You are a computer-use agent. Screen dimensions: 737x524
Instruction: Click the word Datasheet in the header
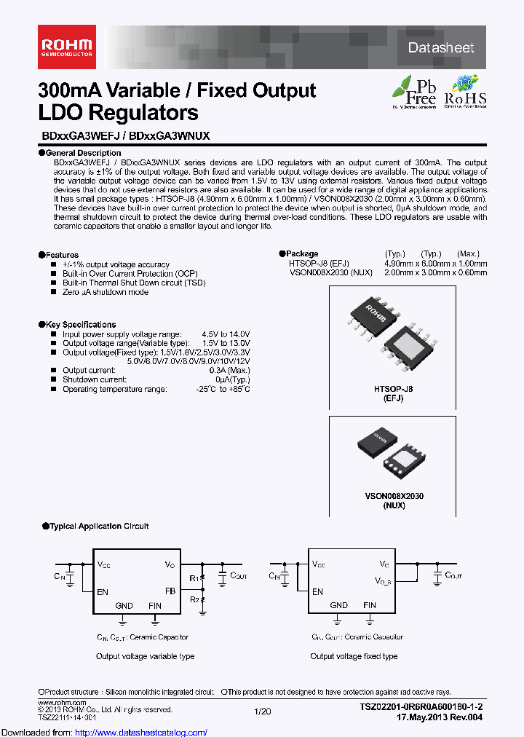tap(441, 48)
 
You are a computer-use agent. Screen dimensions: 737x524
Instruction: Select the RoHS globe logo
tap(465, 91)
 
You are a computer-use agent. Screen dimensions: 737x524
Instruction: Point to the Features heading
tap(62, 255)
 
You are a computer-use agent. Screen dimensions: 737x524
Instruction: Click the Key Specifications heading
tap(80, 325)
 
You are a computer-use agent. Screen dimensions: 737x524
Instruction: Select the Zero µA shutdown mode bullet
tap(106, 292)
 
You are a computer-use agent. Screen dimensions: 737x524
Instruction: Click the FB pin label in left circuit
tap(170, 591)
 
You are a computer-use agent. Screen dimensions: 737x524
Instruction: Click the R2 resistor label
tap(194, 599)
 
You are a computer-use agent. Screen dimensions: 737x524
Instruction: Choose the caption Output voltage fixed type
tap(354, 656)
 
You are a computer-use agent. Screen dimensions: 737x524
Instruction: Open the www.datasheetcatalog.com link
tap(103, 732)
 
